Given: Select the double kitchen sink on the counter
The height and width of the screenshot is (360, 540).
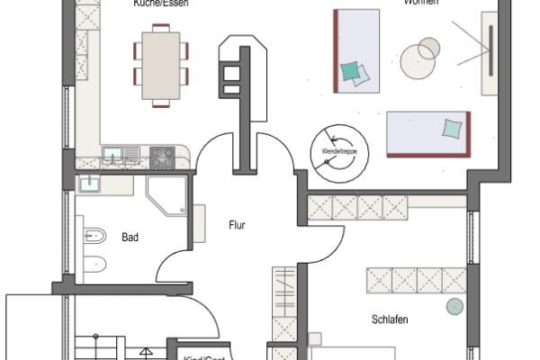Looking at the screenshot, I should tap(114, 156).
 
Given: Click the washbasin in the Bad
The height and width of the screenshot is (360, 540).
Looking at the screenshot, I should tap(90, 184).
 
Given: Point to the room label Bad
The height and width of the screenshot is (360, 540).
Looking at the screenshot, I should tap(130, 238).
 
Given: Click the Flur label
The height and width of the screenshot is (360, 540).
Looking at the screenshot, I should tap(237, 226).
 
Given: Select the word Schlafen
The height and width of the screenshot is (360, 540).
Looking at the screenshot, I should tap(390, 319).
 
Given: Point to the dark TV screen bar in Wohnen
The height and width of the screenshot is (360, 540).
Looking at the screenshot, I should tap(491, 52).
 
